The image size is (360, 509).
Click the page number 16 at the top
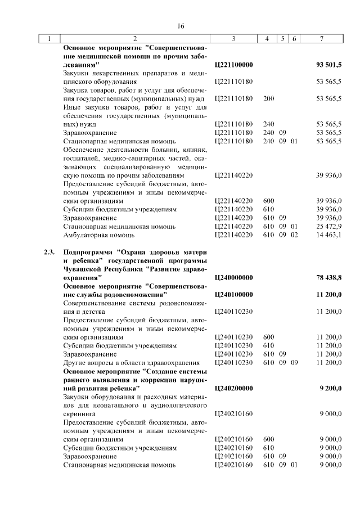pyautogui.click(x=181, y=26)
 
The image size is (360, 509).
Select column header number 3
pyautogui.click(x=233, y=39)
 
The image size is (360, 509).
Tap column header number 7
pyautogui.click(x=321, y=39)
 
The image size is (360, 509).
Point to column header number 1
pyautogui.click(x=49, y=39)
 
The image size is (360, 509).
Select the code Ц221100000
pyautogui.click(x=234, y=65)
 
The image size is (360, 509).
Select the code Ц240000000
pyautogui.click(x=234, y=277)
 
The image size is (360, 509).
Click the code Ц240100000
pyautogui.click(x=234, y=294)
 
